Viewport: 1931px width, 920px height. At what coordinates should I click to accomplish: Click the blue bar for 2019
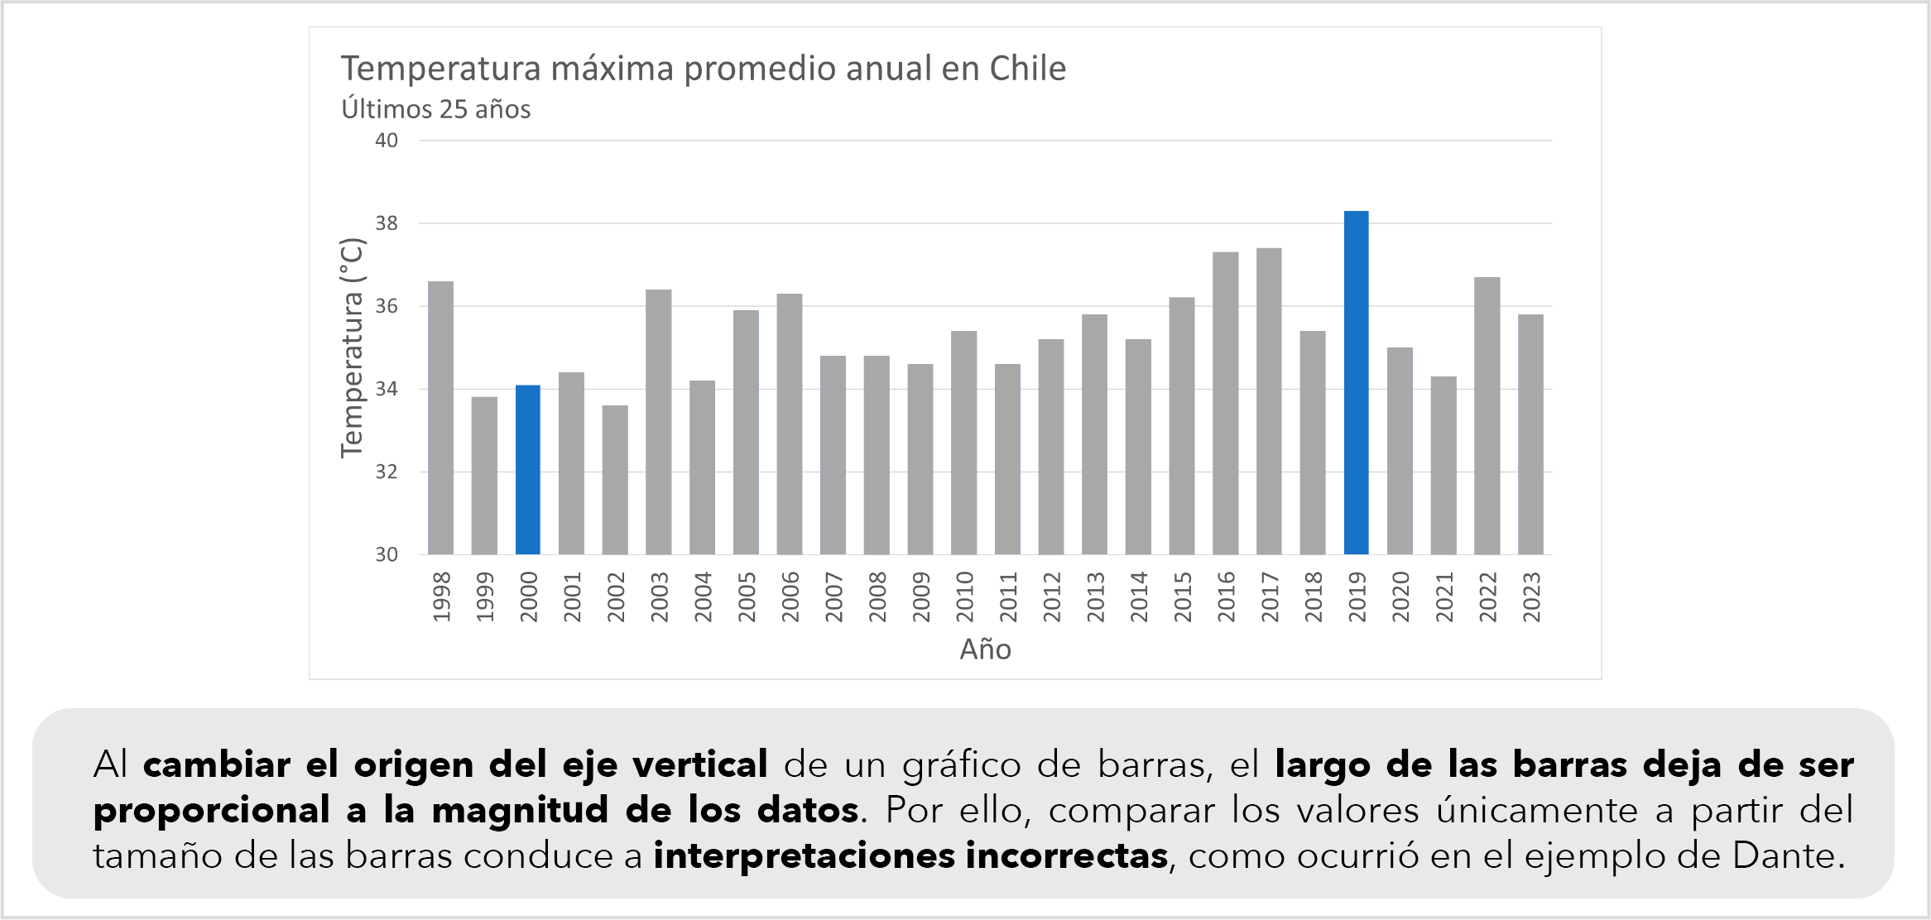point(1356,382)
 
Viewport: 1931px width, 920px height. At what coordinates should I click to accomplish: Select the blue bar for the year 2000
point(527,469)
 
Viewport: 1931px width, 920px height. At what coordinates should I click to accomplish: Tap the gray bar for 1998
point(440,418)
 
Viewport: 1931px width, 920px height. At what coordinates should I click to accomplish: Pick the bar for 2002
point(615,480)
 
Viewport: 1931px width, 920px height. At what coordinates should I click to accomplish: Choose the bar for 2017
point(1269,401)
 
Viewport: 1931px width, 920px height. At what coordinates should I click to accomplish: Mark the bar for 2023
point(1530,434)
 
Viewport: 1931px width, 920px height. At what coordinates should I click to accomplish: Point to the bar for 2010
point(963,443)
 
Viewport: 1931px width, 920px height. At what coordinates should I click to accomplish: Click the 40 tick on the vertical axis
point(387,141)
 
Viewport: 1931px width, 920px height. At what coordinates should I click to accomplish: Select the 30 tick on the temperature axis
point(387,554)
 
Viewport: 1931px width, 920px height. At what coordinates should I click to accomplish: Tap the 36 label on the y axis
point(387,306)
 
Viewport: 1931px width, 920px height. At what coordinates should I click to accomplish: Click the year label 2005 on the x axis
point(747,597)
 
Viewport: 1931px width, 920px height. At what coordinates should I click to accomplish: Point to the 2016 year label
point(1226,597)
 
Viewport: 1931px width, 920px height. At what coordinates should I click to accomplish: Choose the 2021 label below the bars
point(1444,597)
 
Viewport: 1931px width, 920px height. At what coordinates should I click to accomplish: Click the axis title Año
point(985,649)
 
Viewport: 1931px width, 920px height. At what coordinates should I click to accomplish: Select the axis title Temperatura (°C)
point(352,347)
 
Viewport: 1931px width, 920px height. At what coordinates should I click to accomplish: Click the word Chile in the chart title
point(1027,69)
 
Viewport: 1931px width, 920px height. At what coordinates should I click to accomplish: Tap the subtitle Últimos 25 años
point(436,109)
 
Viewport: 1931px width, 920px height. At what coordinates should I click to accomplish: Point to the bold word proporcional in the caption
point(211,810)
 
